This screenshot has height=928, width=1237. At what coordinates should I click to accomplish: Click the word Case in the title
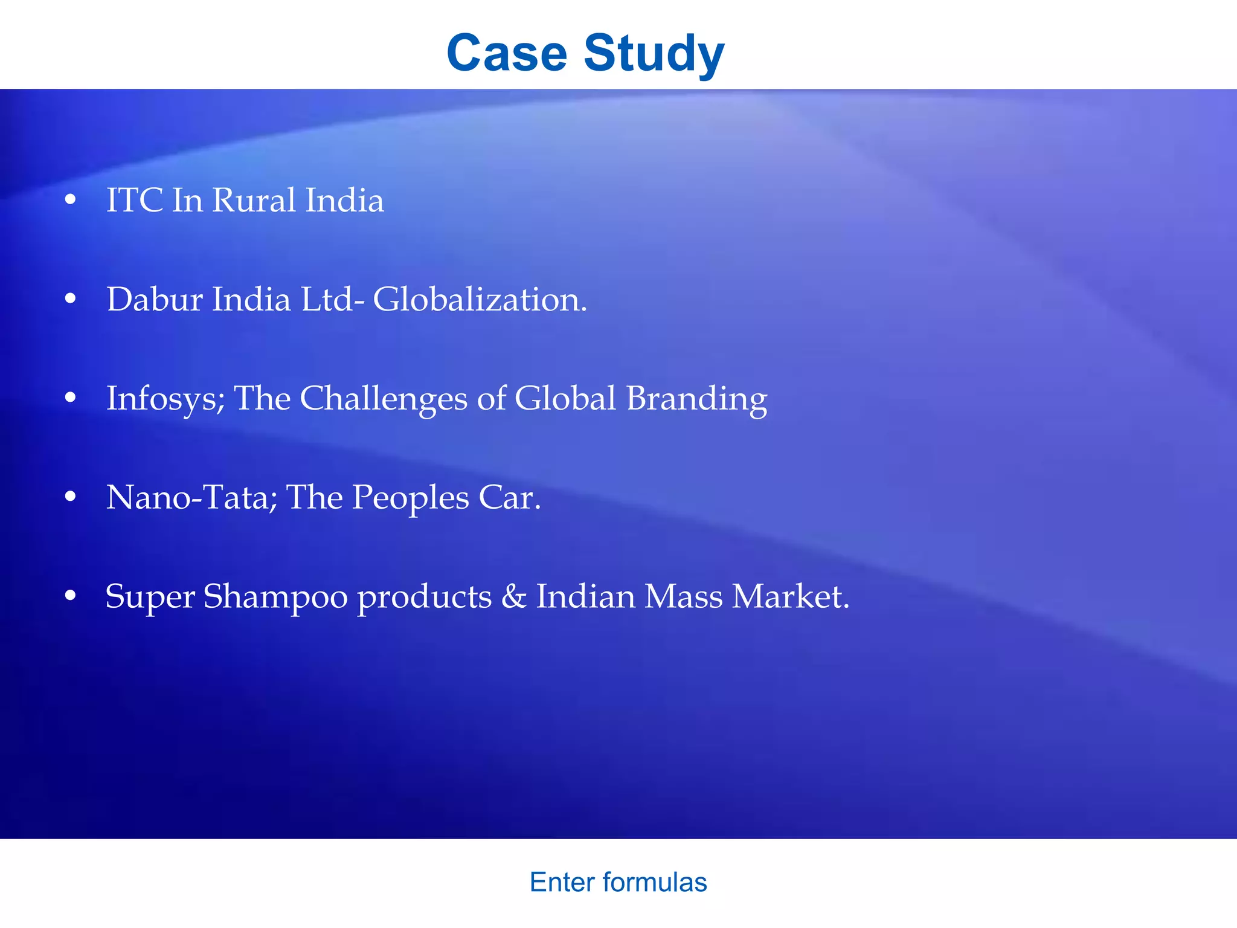click(x=507, y=53)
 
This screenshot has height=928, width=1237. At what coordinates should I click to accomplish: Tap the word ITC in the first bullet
click(x=134, y=200)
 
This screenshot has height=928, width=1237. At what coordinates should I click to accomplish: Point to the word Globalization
click(x=480, y=299)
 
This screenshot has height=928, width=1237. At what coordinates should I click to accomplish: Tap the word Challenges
click(x=384, y=399)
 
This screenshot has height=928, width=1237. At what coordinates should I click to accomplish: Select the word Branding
click(x=696, y=399)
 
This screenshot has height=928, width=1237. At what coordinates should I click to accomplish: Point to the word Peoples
click(x=410, y=499)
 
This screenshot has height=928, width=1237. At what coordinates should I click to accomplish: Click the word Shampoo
click(x=275, y=598)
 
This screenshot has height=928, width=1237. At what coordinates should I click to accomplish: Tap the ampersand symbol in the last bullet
click(x=514, y=596)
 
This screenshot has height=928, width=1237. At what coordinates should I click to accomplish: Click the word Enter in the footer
click(x=562, y=883)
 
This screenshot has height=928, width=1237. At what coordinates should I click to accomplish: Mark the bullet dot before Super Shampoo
click(x=71, y=596)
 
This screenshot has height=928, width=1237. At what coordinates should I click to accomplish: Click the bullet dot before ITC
click(x=71, y=199)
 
